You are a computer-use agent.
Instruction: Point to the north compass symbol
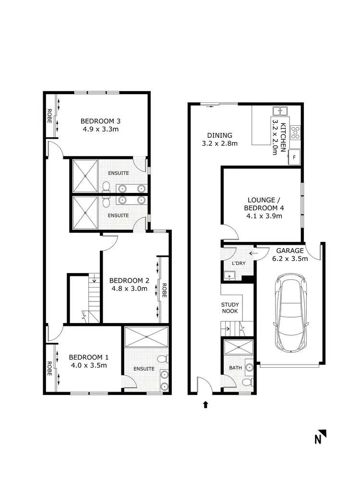coord(320,437)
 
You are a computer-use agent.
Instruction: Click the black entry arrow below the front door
coord(205,405)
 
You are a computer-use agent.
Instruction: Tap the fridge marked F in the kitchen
coord(294,157)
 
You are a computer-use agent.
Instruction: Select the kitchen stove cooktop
coord(294,132)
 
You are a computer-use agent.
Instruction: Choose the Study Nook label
coord(230,308)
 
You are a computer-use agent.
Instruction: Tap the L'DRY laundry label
coord(232,264)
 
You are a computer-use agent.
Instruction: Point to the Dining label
coord(219,135)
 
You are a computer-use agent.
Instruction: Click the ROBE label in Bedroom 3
coord(49,117)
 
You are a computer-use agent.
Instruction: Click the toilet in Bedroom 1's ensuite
coord(163,358)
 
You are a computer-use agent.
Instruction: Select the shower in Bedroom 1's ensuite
coord(146,337)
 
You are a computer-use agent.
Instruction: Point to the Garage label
coord(289,251)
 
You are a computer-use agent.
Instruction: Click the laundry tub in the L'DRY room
coord(229,276)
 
